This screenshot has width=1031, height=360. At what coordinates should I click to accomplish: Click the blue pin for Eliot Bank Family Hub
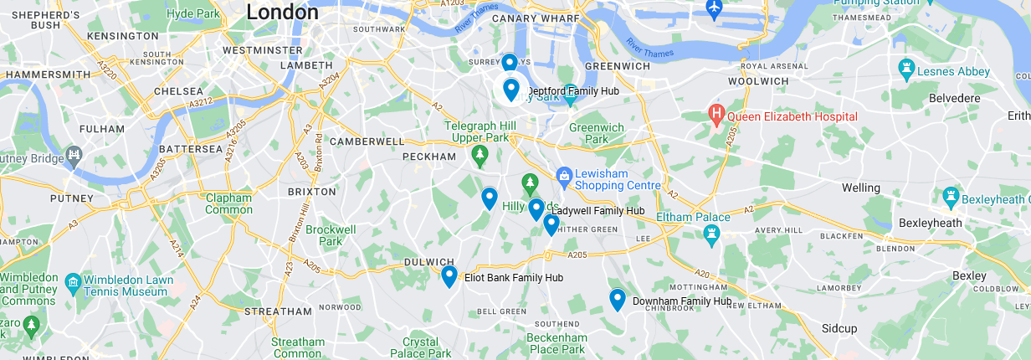pos(449,275)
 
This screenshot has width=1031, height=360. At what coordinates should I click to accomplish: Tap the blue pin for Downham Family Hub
pos(618,299)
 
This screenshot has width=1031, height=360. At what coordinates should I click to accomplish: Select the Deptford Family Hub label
pos(577,90)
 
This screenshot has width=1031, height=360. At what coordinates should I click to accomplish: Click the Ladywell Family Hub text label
pos(597,211)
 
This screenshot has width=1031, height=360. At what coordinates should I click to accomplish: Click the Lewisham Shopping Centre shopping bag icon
pos(564,176)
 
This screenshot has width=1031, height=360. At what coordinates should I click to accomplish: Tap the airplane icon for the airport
pos(714,9)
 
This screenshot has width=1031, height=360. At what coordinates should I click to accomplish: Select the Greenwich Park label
pos(597,133)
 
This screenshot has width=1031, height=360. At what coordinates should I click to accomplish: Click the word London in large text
pos(282,13)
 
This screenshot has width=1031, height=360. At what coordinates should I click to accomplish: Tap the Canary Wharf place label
pos(536,18)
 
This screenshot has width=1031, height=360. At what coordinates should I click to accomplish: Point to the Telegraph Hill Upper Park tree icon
pos(479,154)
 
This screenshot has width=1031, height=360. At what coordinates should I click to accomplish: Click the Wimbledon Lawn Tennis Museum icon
pos(73,281)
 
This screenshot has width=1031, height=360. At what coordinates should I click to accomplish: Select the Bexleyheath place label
pos(929,224)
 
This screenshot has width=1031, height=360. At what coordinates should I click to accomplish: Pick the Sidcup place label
pos(839,328)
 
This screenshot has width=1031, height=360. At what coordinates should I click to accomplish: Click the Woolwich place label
pos(757,81)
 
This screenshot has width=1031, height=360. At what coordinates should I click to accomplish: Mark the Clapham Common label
pos(228,204)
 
